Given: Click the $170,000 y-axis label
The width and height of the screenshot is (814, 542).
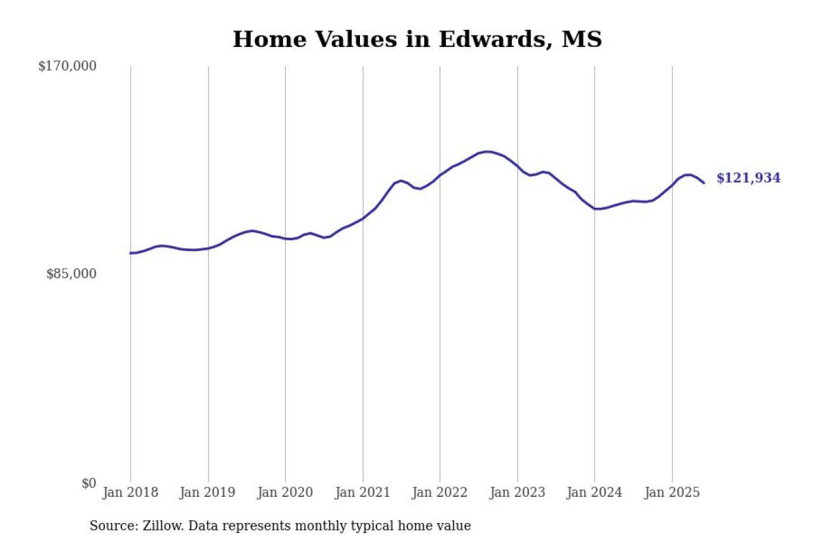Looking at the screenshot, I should point(67,66).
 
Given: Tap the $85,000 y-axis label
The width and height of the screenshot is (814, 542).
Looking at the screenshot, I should point(71,274).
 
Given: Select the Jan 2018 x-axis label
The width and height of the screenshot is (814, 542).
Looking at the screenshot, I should point(131,492).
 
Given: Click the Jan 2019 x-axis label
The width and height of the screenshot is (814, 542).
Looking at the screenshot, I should point(208,492).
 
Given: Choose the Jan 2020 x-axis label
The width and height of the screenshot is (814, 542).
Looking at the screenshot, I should point(286,492).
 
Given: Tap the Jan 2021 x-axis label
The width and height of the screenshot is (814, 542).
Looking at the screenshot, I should point(363,492).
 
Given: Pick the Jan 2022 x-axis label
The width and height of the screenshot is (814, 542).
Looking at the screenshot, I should point(440,492).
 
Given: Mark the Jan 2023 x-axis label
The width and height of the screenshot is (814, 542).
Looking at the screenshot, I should point(518,492).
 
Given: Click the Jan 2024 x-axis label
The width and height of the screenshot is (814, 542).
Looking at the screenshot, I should point(595,492).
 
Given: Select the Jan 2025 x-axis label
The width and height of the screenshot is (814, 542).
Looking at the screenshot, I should point(672,492).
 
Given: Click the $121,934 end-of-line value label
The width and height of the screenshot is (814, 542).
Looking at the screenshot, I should point(748,179).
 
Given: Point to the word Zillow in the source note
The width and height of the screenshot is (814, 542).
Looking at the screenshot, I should point(160,526).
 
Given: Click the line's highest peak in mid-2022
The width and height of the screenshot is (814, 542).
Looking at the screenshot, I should point(487,151).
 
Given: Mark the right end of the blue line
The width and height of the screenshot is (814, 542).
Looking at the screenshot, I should point(704,183).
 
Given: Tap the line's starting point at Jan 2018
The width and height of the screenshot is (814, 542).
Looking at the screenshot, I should point(131,253).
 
